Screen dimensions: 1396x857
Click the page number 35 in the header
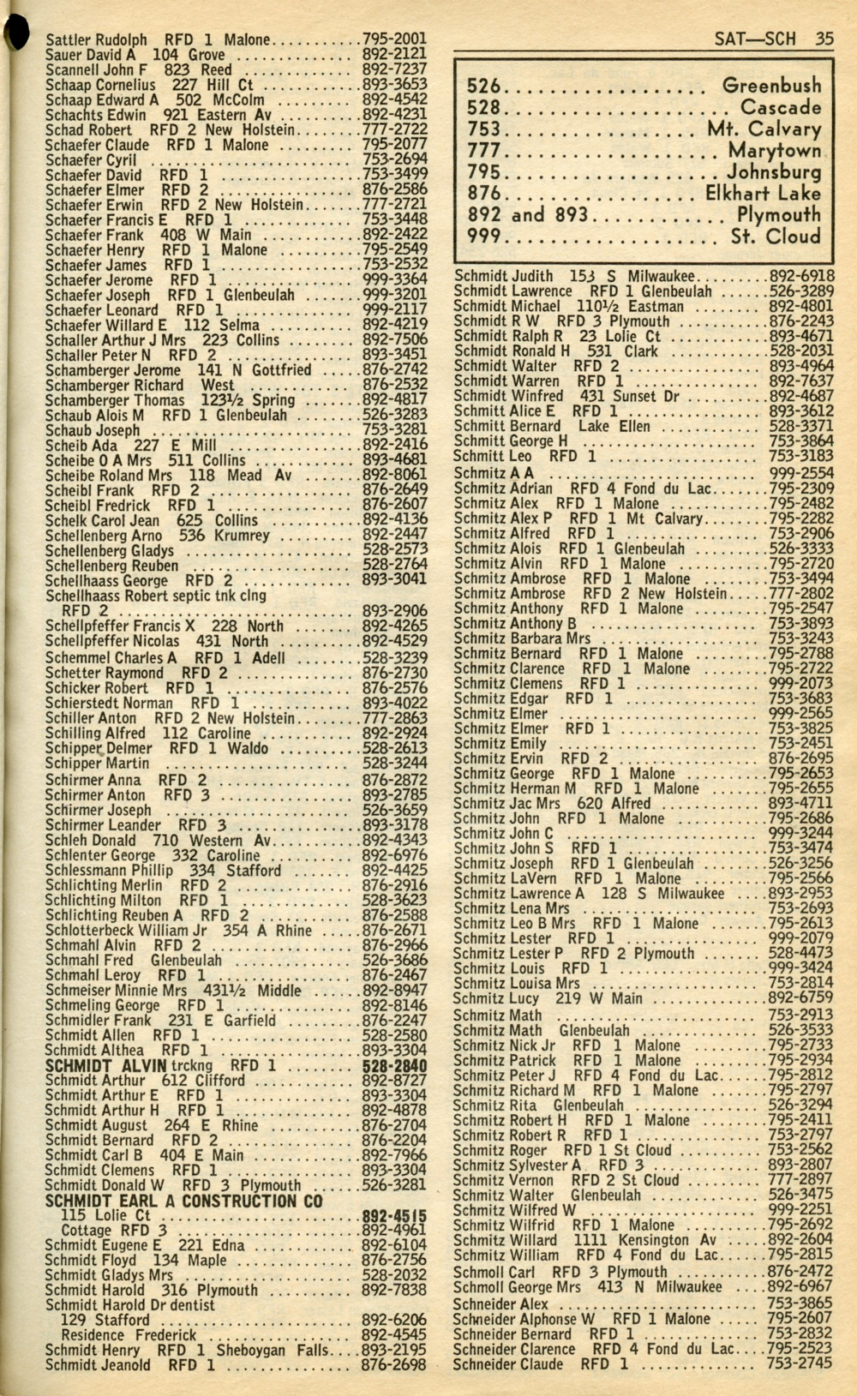coord(824,39)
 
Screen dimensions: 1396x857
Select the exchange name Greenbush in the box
coord(771,86)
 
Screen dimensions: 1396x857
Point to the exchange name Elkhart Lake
coord(763,194)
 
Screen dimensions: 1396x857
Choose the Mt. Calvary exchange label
coord(764,129)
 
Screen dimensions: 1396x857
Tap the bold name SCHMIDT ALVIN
coord(105,1065)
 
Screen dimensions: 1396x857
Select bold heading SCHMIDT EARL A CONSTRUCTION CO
coord(183,1201)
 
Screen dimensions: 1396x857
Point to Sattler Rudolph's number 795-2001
coord(394,39)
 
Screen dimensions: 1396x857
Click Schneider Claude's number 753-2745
coord(800,1364)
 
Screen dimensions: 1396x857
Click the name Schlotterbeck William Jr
coord(127,931)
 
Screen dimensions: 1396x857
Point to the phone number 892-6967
coord(800,1287)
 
